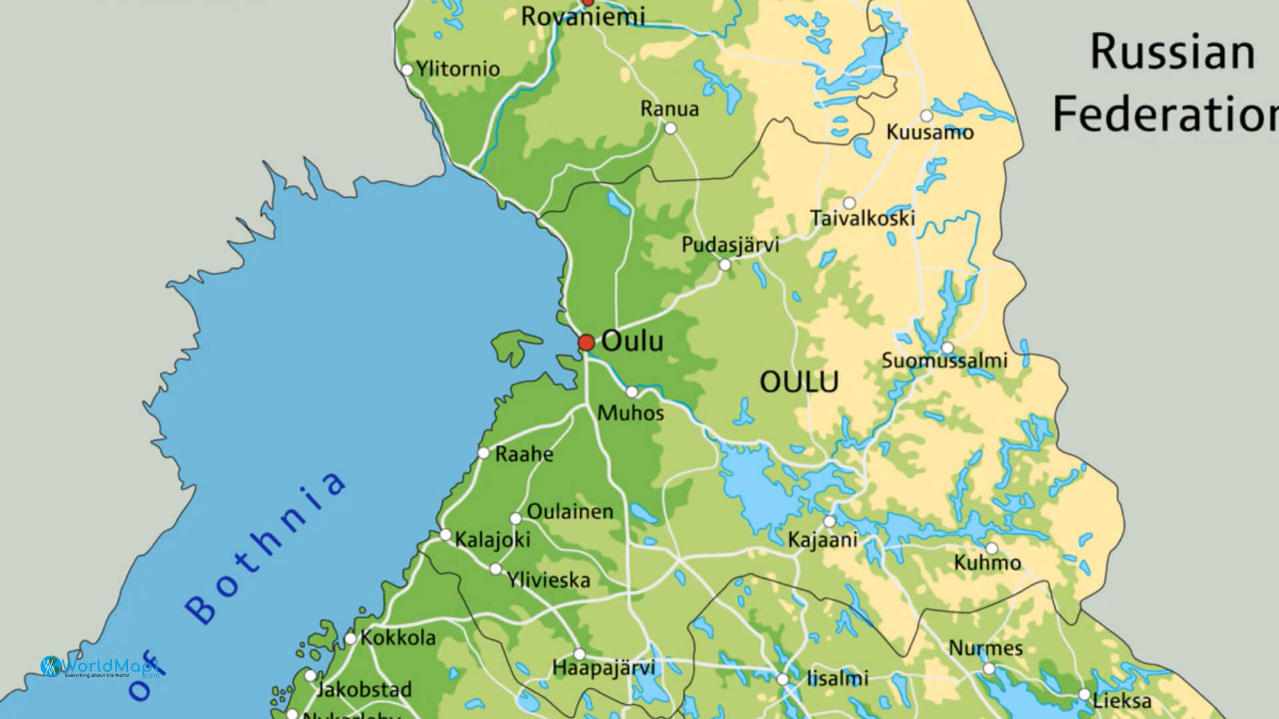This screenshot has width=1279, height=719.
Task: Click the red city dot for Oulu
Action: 586,343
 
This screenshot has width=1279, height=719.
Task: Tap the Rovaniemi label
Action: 583,17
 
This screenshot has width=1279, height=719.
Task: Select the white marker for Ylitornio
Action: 407,70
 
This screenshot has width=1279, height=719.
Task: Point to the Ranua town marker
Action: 671,128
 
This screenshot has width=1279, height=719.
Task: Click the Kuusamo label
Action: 930,132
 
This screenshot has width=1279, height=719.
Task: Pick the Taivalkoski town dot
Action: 849,202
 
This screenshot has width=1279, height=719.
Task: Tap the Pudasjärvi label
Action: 730,244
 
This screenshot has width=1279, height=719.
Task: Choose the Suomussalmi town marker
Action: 947,348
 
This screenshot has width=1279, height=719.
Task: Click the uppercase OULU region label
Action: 799,382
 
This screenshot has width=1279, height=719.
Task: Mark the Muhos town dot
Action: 632,391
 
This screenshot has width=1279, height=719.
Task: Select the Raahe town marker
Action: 484,453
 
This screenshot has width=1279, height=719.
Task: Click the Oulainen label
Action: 570,511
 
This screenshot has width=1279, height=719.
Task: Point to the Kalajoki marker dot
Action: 446,535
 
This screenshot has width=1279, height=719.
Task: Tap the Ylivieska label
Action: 549,580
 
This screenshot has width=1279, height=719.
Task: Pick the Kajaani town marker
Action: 829,521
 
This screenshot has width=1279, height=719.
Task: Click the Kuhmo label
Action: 987,563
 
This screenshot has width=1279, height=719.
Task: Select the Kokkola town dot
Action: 350,638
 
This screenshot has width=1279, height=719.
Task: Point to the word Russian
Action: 1172,53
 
